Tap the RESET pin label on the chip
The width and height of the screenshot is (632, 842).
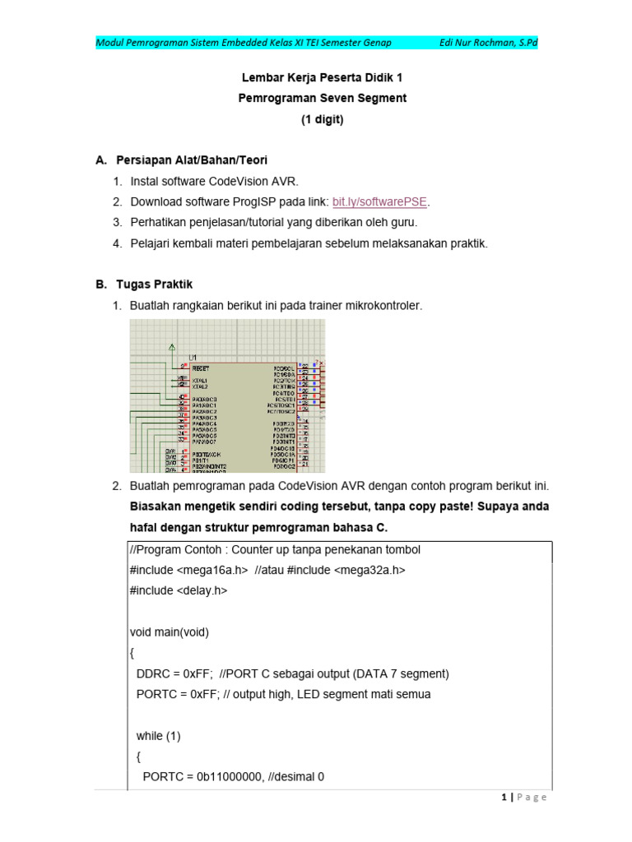pos(201,368)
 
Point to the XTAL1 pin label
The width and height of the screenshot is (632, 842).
pos(200,381)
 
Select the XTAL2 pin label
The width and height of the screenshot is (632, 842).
pos(200,386)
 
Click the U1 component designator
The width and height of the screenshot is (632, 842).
pos(193,357)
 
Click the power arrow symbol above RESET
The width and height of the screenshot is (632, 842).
pos(171,347)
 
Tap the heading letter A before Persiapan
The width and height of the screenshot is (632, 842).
pos(101,160)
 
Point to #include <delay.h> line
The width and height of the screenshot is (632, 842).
pos(178,590)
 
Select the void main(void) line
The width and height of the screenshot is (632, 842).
pos(170,632)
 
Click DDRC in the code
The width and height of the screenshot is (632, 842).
pos(152,673)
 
